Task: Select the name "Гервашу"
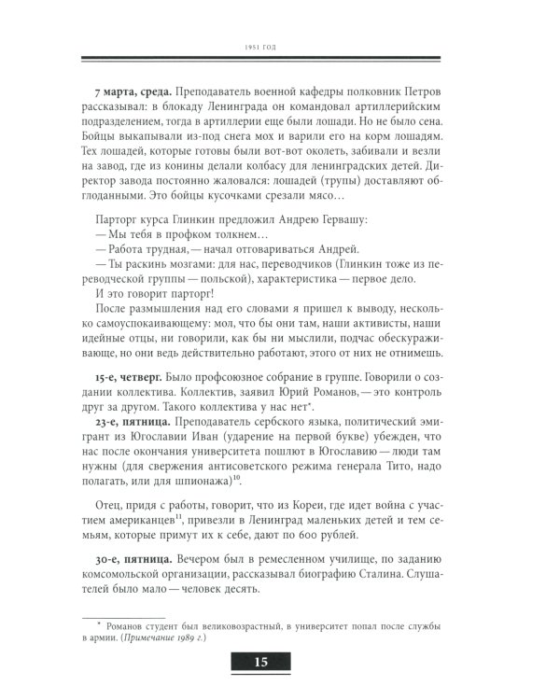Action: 337,220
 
